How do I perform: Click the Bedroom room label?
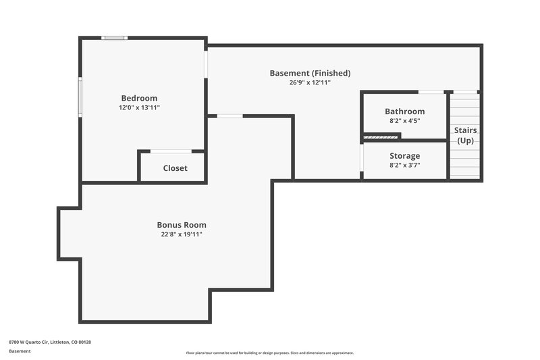tap(139, 98)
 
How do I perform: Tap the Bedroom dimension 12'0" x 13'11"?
tap(139, 107)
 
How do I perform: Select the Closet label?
tap(175, 168)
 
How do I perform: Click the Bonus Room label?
tap(182, 225)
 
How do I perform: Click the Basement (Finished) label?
tap(310, 73)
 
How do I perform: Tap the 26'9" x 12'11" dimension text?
tap(310, 82)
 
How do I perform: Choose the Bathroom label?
tap(404, 111)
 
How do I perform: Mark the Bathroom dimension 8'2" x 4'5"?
tap(404, 121)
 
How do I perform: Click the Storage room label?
tap(404, 156)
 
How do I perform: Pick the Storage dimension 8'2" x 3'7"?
tap(404, 165)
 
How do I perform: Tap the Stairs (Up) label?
tap(465, 135)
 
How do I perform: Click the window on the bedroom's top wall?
tap(114, 38)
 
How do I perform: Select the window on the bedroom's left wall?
tap(80, 97)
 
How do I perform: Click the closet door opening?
tap(171, 151)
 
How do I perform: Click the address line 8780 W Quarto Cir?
tap(50, 342)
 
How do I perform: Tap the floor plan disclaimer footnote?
tap(270, 353)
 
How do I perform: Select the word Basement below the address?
tap(19, 351)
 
